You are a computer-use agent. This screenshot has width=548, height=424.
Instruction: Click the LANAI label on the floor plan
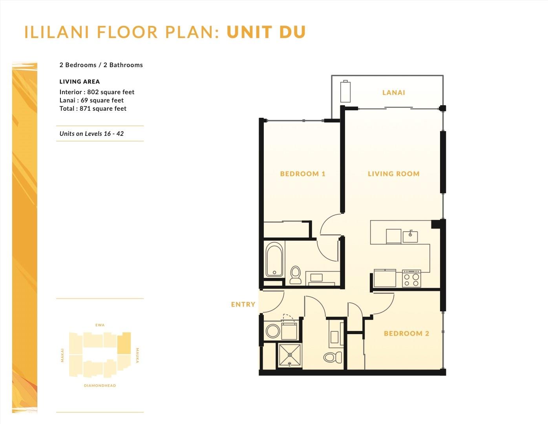[x=394, y=93]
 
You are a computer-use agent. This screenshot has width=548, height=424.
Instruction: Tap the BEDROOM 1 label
[x=303, y=174]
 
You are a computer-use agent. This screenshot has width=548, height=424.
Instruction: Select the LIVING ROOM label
[x=394, y=174]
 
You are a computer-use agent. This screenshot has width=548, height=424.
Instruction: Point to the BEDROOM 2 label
[x=406, y=333]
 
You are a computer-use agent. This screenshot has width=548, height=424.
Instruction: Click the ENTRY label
[x=243, y=304]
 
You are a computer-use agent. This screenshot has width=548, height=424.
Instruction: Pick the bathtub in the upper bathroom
[x=274, y=259]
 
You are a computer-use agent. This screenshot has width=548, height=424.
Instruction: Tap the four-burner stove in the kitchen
[x=411, y=278]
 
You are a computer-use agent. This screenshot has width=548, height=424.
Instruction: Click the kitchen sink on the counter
[x=410, y=237]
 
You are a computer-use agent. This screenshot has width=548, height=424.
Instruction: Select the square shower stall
[x=290, y=355]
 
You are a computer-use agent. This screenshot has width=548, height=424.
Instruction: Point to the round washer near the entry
[x=273, y=331]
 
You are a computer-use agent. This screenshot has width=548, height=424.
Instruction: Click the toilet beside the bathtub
[x=295, y=275]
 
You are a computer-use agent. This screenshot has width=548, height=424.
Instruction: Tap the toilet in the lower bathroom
[x=332, y=357]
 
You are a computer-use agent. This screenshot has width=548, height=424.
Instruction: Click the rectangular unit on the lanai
[x=345, y=91]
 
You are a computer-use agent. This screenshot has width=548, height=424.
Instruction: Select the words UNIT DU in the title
[x=266, y=32]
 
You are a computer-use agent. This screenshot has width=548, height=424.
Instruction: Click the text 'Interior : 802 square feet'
[x=97, y=92]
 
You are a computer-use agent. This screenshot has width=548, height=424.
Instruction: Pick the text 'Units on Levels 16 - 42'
[x=91, y=134]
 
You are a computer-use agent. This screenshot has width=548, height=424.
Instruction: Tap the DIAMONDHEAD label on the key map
[x=100, y=386]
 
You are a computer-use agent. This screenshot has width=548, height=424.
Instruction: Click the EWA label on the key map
[x=100, y=325]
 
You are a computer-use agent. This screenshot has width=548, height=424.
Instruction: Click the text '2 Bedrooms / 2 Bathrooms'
[x=101, y=65]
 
